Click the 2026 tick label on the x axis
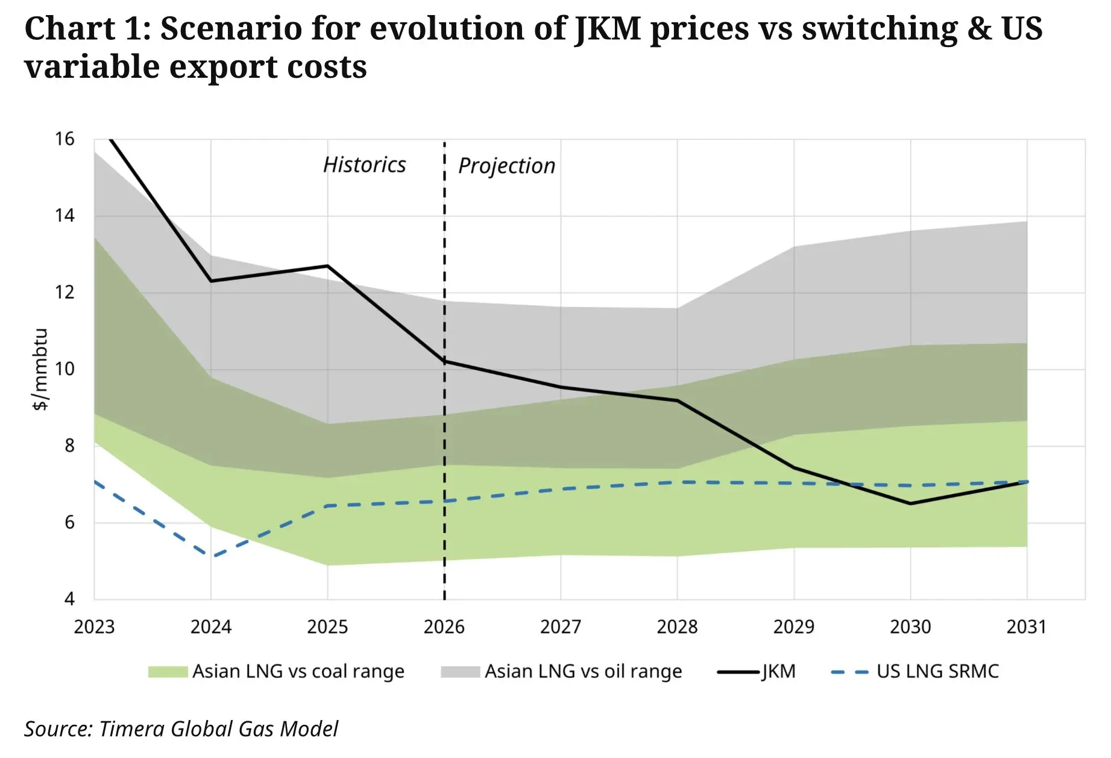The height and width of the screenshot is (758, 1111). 444,627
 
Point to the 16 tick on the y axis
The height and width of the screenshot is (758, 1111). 65,139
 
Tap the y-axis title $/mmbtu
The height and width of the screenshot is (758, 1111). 40,369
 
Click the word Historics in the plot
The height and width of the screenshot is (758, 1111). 364,165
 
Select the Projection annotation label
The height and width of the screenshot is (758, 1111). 506,166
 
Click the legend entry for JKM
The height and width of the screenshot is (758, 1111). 778,671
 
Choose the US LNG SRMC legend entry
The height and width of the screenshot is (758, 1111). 937,671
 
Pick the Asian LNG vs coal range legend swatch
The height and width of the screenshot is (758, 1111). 168,672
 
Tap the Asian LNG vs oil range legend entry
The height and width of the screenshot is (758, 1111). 583,671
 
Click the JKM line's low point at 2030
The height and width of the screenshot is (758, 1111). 910,504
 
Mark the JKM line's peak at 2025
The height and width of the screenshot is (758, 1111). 327,266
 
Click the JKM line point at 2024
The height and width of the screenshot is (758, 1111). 211,281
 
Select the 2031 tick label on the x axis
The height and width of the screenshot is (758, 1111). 1026,627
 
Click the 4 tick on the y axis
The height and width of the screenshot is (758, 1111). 69,599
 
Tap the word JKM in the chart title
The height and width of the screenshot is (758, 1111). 608,28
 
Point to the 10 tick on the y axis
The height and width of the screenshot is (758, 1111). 65,369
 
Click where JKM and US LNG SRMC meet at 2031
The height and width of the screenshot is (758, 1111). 1027,482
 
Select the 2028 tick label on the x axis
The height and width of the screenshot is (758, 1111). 677,627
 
